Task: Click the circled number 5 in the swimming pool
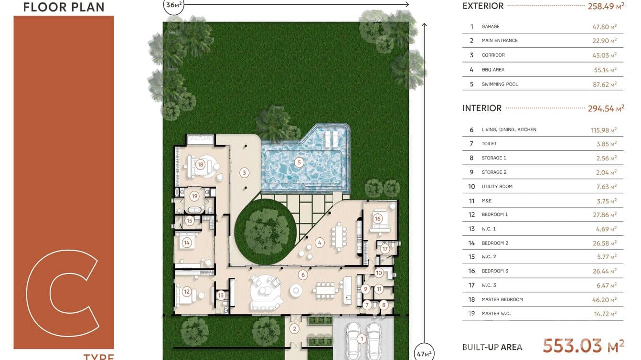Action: click(x=299, y=162)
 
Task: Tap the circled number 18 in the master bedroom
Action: click(x=200, y=165)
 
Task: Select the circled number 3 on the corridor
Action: click(x=245, y=172)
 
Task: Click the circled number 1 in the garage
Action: click(x=362, y=339)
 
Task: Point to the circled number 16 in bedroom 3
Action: click(x=378, y=219)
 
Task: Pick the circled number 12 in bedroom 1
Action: click(x=187, y=292)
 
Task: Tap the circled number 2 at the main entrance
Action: click(x=295, y=328)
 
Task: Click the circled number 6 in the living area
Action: click(x=303, y=275)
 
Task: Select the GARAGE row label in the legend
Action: click(x=491, y=27)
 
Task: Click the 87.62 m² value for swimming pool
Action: click(x=604, y=84)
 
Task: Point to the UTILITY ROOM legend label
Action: click(x=497, y=187)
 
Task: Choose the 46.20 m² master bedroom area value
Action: click(x=604, y=299)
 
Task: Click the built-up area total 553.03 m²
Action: click(x=583, y=346)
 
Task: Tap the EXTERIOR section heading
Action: click(x=483, y=6)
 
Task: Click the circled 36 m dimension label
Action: click(x=173, y=6)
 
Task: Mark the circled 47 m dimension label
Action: click(x=424, y=353)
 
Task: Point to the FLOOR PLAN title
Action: click(x=64, y=7)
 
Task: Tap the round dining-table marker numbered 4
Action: click(x=320, y=243)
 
